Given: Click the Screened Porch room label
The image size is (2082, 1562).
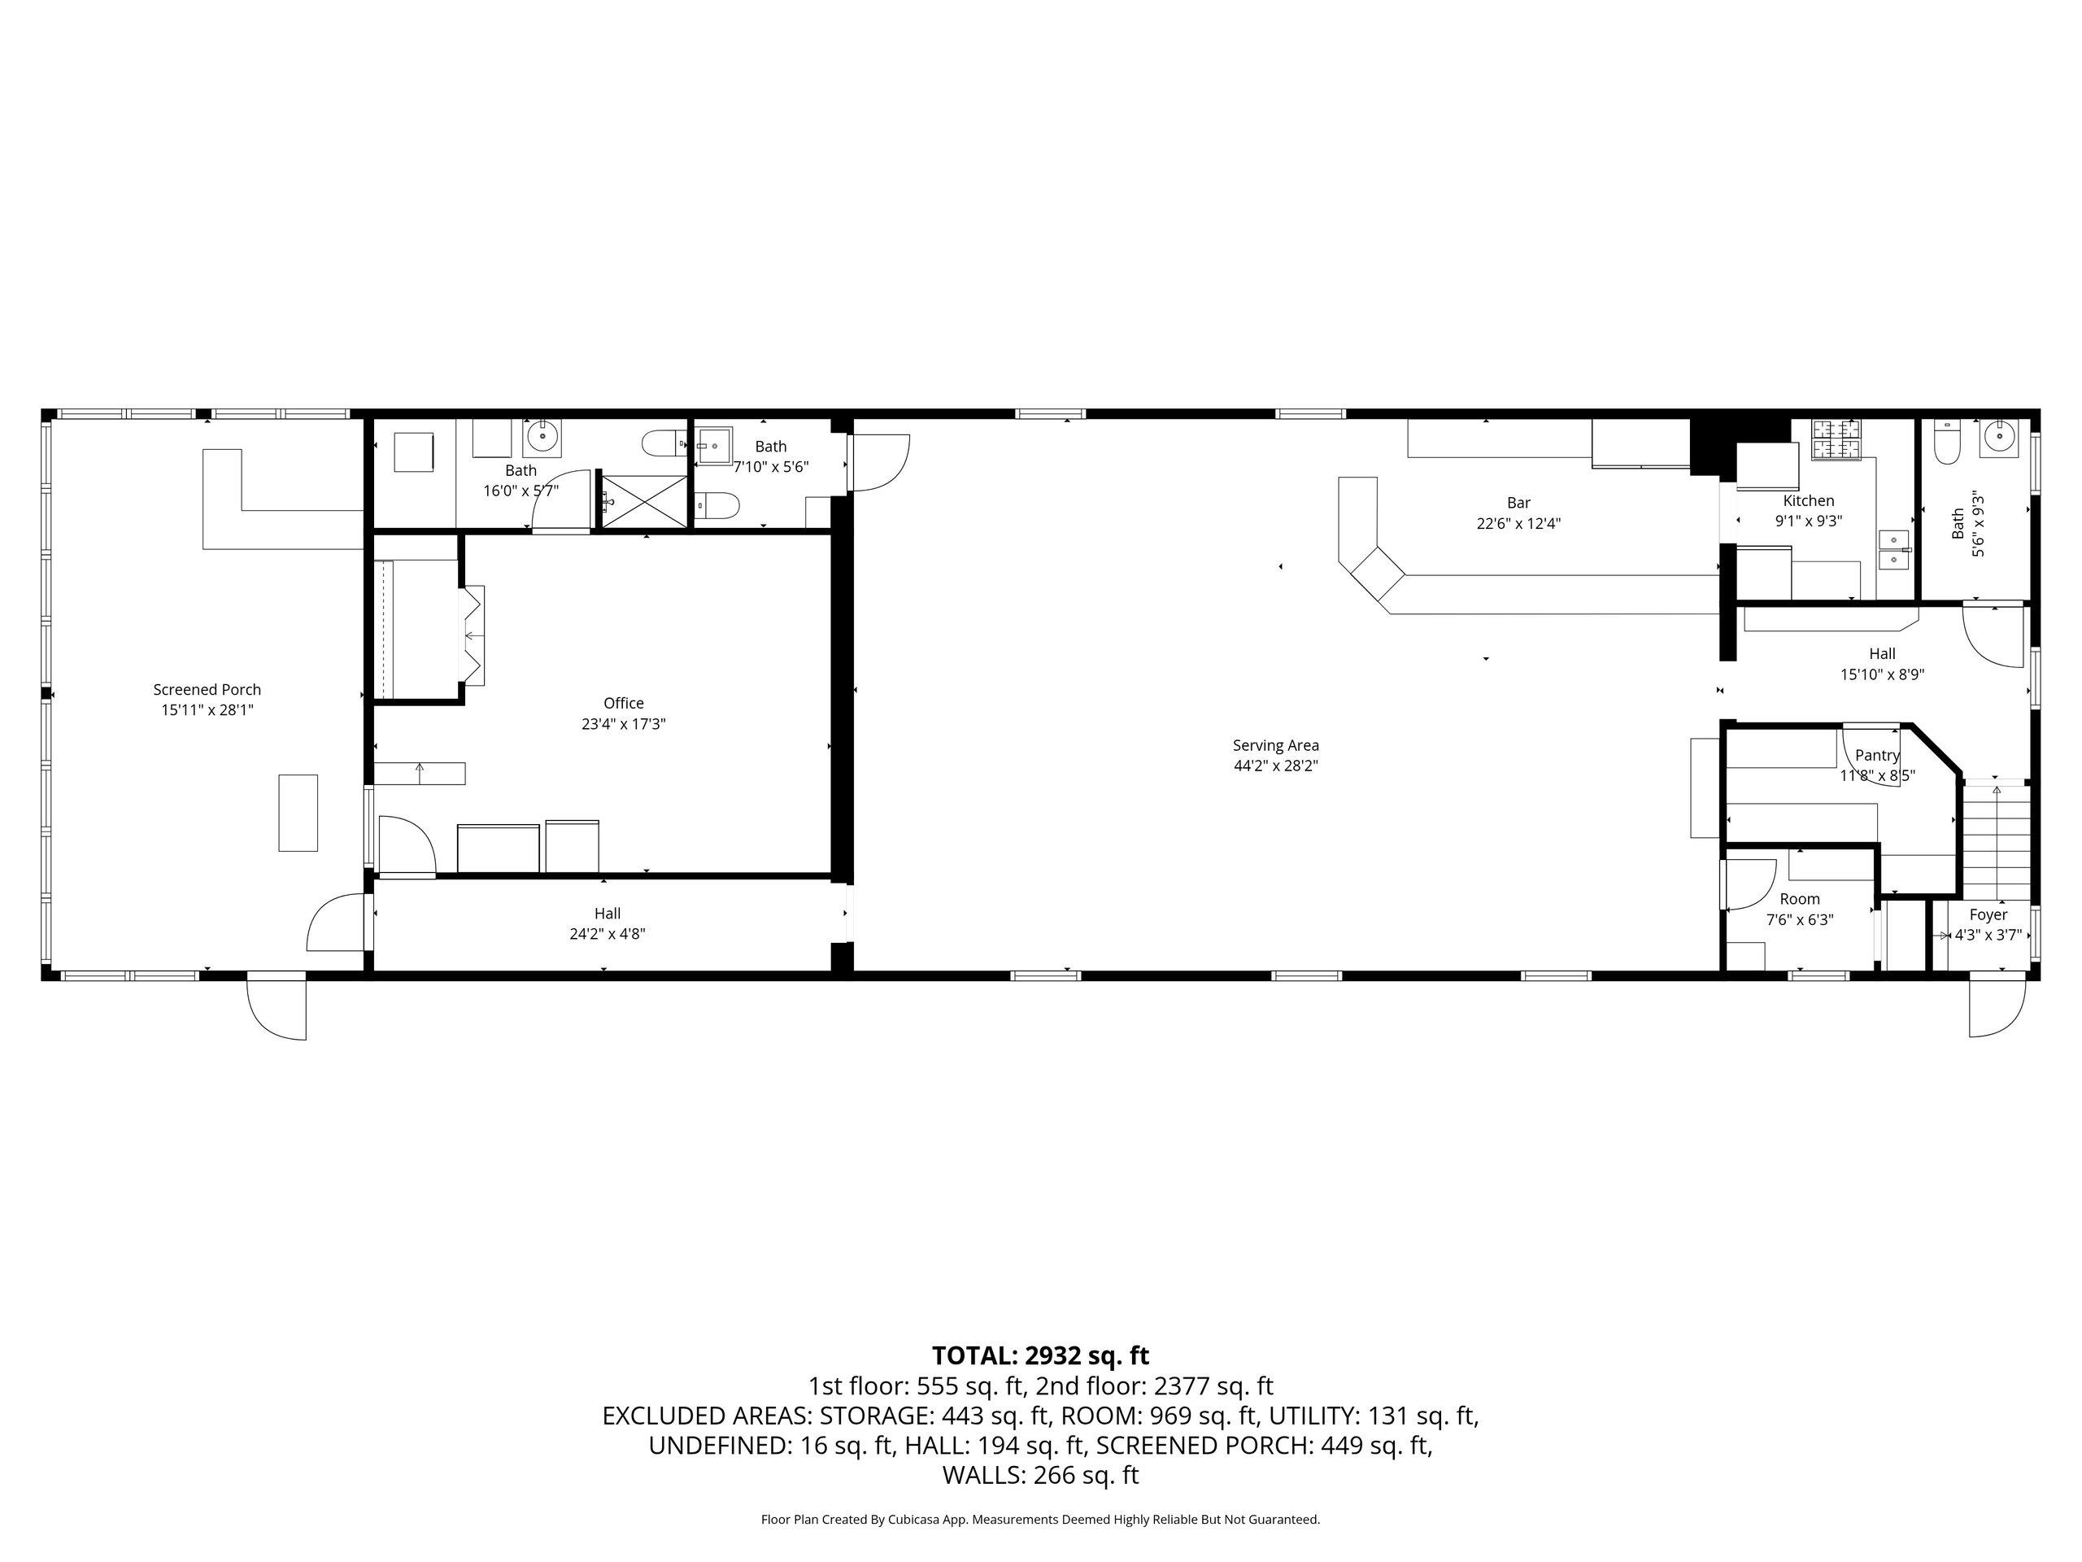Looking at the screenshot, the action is click(207, 690).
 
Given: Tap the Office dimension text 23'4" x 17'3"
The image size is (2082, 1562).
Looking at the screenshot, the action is click(623, 724).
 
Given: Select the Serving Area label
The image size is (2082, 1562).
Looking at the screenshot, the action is click(1275, 746).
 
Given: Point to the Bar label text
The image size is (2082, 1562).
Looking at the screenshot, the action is click(1518, 503).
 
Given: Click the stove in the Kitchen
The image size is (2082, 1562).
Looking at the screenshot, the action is click(1836, 441).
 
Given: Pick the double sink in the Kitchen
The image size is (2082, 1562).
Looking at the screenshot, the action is click(1895, 550).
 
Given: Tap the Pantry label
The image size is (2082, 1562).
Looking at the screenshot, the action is click(1878, 755).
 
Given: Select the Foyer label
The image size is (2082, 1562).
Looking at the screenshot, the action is click(1988, 914).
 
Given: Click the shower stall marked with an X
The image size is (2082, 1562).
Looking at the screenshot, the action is click(644, 501).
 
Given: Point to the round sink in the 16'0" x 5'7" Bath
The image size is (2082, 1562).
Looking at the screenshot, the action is click(542, 438).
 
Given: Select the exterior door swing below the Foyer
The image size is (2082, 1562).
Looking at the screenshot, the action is click(1997, 1007).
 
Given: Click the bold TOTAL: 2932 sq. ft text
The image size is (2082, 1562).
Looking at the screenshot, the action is click(1040, 1356).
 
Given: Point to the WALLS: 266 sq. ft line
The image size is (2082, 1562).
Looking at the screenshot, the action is click(1040, 1476).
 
